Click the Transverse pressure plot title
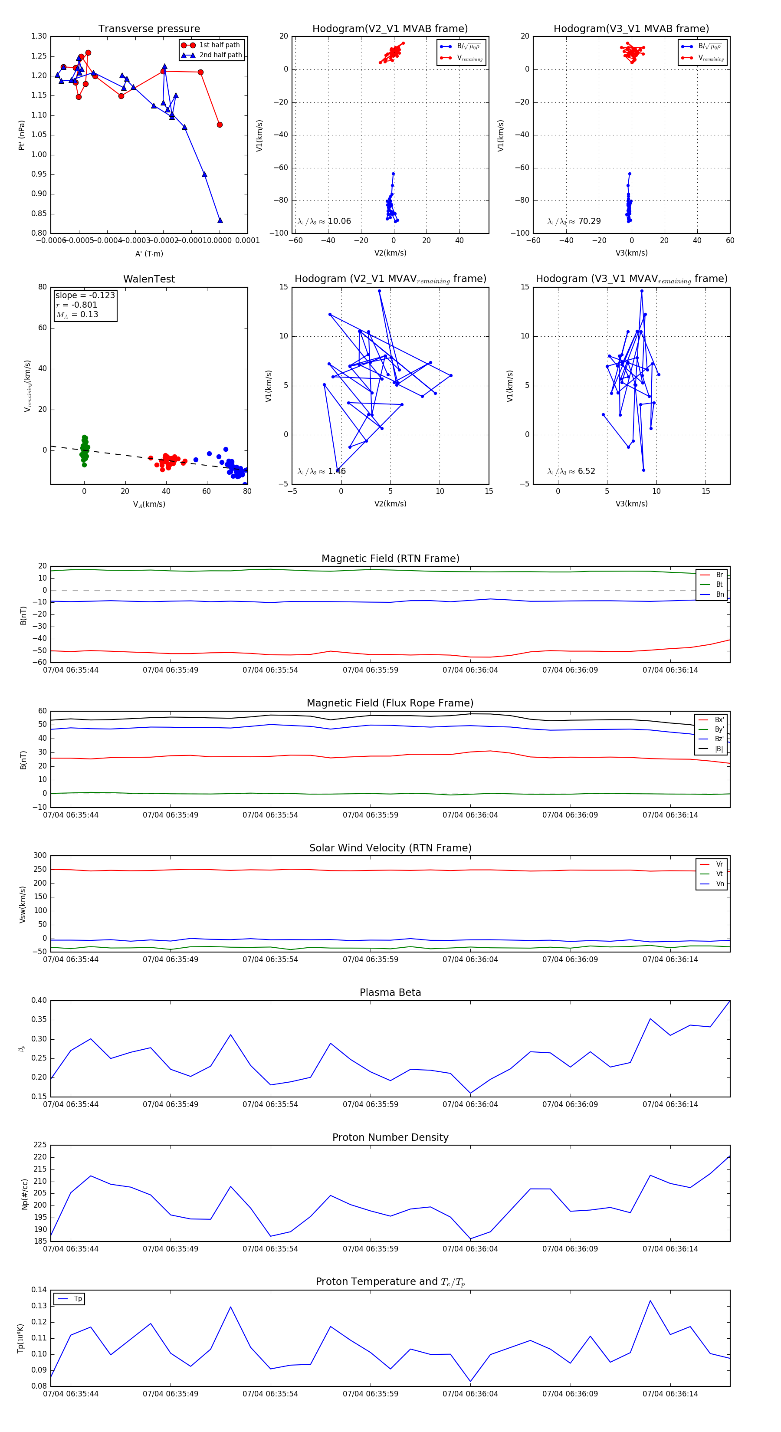tap(149, 29)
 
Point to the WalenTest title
tap(149, 279)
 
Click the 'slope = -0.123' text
tap(85, 295)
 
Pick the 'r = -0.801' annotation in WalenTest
tap(77, 305)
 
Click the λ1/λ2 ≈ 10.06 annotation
tap(324, 221)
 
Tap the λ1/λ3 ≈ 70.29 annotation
tap(574, 221)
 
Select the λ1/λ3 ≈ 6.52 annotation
tap(571, 471)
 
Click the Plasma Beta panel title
tap(390, 992)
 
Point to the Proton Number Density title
tap(390, 1137)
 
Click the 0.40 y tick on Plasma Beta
tap(39, 1001)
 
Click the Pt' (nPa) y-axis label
tap(22, 135)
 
